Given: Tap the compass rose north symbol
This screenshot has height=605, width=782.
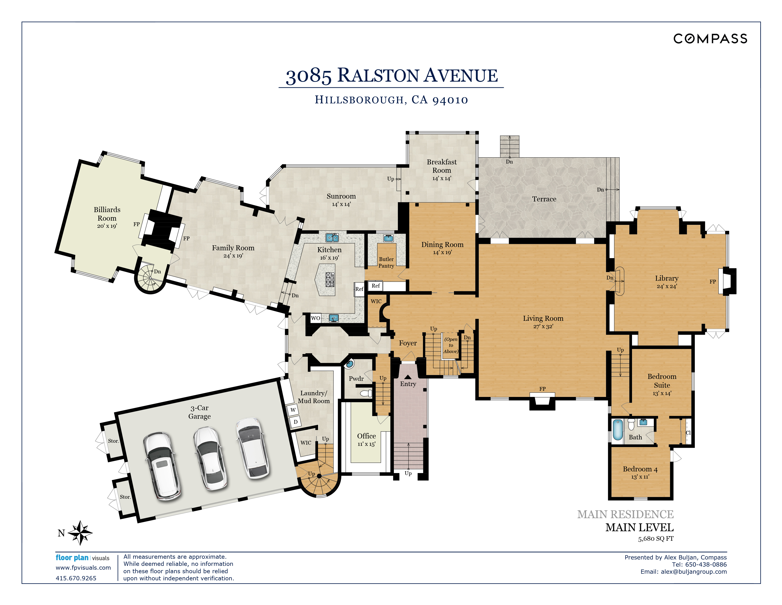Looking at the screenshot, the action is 80,533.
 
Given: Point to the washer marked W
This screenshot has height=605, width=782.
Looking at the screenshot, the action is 293,410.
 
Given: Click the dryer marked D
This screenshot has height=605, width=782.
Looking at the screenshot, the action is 296,422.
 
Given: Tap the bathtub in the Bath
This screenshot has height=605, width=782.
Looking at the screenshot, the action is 618,430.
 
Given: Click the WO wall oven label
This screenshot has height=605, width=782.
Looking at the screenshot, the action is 315,318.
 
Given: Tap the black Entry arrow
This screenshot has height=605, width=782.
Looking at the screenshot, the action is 408,377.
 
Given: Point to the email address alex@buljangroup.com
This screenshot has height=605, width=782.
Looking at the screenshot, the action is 694,572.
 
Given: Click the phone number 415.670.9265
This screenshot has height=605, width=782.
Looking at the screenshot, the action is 76,578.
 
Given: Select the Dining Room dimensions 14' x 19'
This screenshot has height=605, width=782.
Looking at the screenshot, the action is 442,253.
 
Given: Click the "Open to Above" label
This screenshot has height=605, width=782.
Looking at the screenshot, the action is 451,345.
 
